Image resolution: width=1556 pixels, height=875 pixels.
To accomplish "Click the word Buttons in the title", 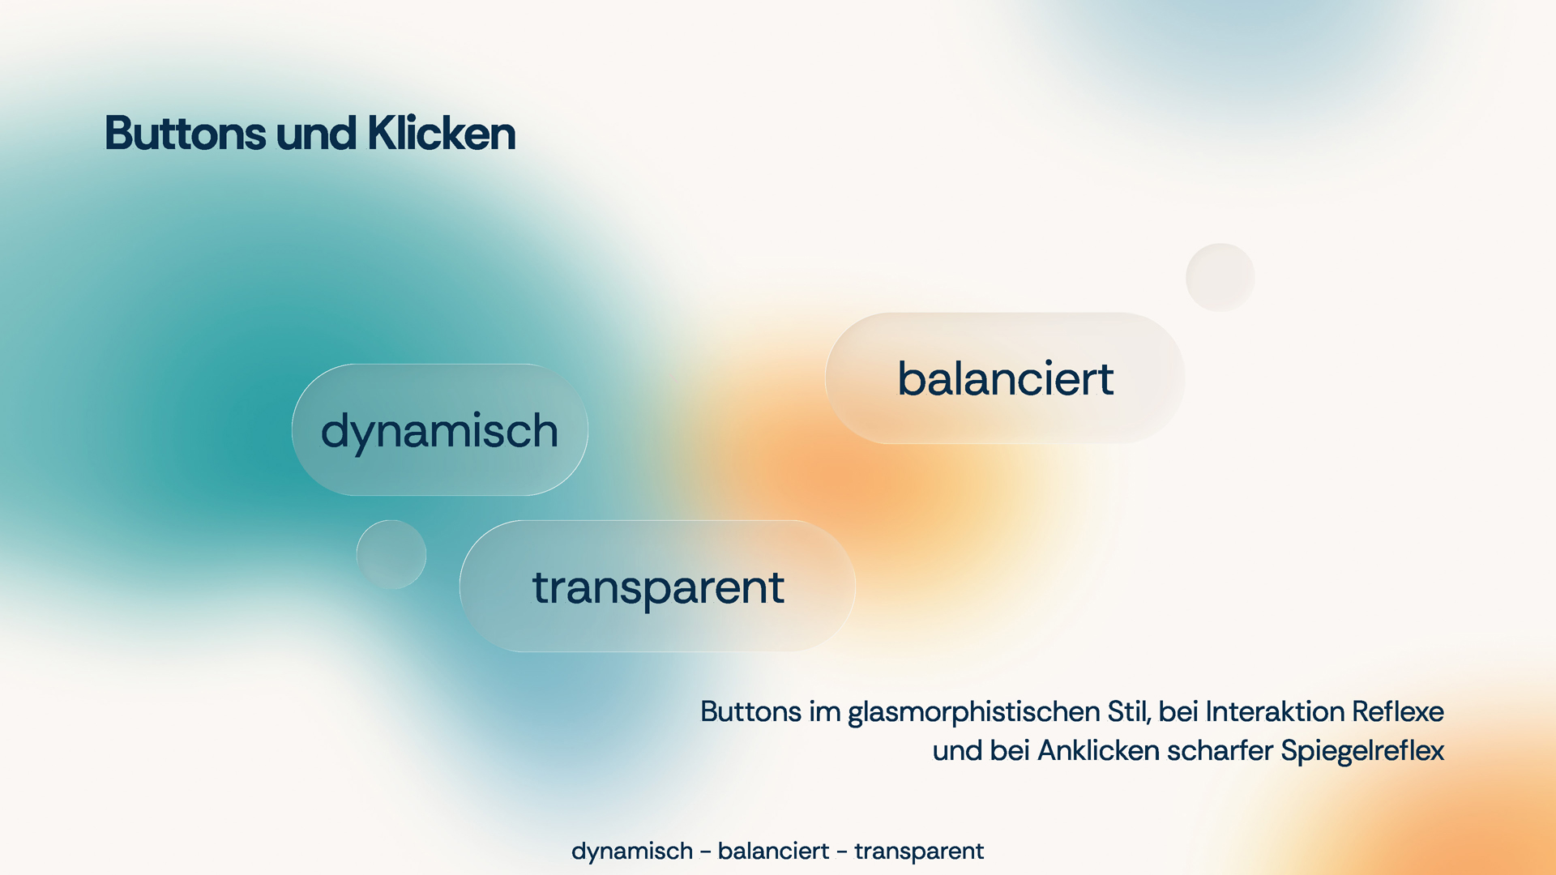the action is coord(186,133).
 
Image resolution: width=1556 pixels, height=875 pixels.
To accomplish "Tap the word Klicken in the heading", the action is coord(442,133).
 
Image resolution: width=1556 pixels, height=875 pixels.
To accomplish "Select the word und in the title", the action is coord(316,134).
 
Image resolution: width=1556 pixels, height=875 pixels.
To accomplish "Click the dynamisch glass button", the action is coord(440,430).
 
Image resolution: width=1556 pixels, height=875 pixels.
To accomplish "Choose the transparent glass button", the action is coord(657,586).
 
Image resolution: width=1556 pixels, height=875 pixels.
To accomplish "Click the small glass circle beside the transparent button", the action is coord(391,554).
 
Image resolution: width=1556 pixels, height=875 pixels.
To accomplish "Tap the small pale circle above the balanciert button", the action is coord(1220,277).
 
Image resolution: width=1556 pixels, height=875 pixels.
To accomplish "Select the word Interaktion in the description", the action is coord(1275,711).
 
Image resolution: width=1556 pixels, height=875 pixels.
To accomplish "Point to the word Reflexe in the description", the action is coord(1398,711).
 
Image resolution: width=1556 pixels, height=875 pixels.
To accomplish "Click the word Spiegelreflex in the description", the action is coord(1362,752).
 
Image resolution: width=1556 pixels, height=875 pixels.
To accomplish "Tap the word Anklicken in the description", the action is coord(1099,750).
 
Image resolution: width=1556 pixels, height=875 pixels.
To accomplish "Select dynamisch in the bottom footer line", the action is coord(632,852).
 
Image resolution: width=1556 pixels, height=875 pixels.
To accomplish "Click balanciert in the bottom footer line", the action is coord(774,851).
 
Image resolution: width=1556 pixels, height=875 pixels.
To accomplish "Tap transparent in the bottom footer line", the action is coord(919,852).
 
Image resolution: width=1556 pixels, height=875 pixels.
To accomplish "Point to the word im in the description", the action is coord(825,711).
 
